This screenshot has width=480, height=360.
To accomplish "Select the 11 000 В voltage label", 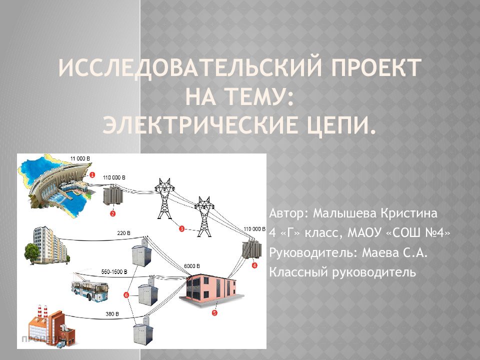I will (80, 158).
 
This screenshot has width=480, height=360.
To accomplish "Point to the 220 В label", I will (123, 233).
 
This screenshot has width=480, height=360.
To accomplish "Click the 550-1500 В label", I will (114, 271).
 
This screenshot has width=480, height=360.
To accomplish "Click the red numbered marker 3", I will (181, 229).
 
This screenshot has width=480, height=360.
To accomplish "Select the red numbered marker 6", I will (126, 295).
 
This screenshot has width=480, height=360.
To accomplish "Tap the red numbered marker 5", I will (214, 313).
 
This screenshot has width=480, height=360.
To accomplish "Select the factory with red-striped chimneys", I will (50, 324).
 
